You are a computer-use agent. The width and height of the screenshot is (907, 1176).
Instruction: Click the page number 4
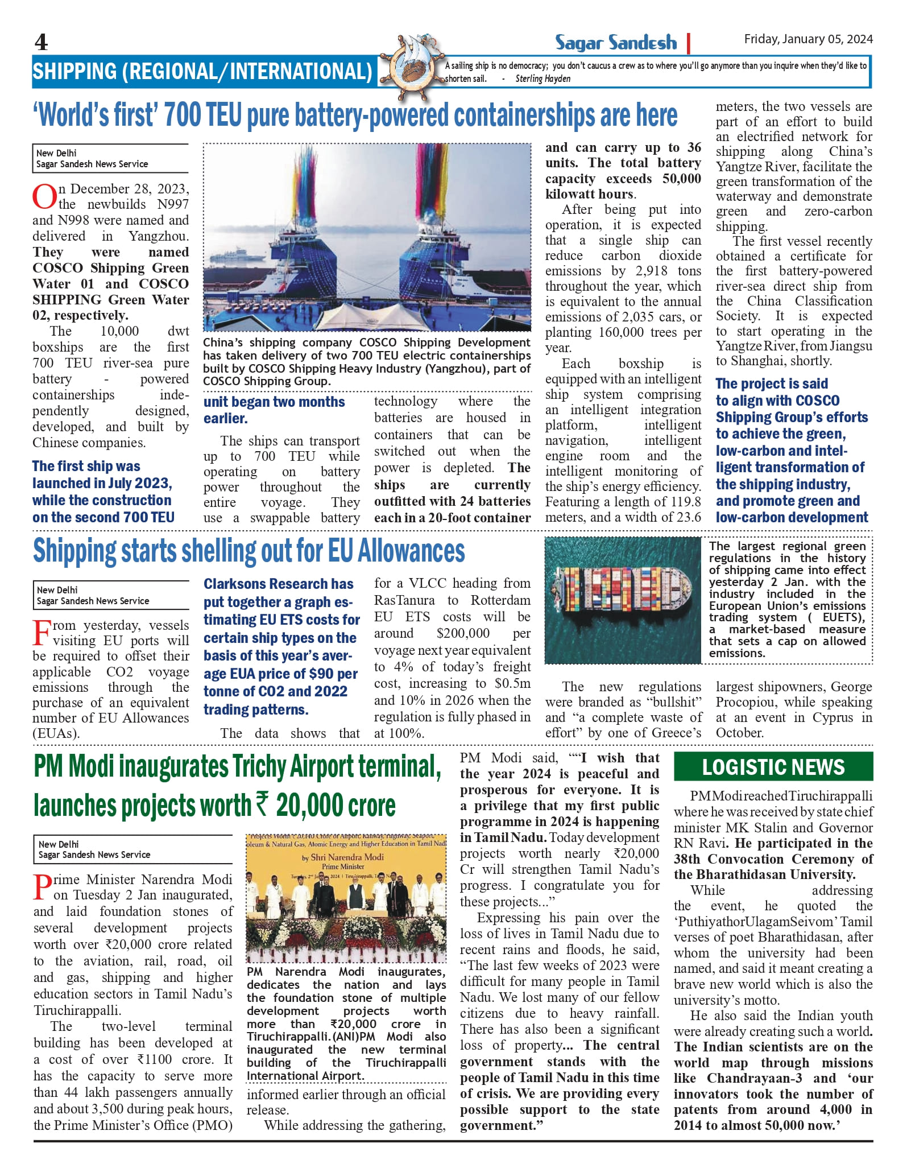coord(41,42)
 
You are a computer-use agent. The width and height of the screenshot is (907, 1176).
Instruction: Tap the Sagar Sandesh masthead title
coord(616,43)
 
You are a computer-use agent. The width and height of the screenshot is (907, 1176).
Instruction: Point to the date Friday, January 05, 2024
coord(808,39)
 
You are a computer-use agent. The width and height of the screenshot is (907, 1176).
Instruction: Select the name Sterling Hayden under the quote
coord(542,79)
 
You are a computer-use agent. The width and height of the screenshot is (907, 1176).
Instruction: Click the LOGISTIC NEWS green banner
coord(773,767)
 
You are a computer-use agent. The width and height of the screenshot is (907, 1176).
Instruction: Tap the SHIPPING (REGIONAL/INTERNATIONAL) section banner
coord(202,72)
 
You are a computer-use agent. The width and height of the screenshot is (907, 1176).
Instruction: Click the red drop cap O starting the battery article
coord(44,196)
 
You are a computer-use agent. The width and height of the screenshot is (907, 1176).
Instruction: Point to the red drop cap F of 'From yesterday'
coord(42,633)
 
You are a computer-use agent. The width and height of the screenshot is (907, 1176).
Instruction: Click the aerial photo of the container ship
coord(623,600)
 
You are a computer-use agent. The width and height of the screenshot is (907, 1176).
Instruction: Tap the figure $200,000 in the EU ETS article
coord(463,633)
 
